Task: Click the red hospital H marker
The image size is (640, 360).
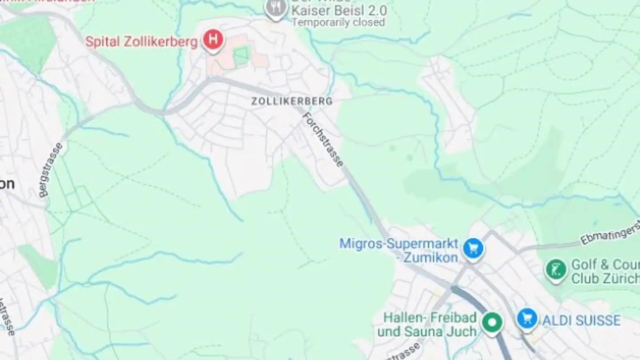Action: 213,40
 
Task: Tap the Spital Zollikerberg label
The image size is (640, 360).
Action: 141,42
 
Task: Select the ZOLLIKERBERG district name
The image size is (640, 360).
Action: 292,101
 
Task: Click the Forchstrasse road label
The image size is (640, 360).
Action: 323,140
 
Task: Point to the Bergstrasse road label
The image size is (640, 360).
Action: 51,170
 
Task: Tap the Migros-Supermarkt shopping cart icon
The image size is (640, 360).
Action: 473,248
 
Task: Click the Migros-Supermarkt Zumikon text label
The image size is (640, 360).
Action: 399,250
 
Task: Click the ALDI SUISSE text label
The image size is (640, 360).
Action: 581,320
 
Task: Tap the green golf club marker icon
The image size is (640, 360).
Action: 556,269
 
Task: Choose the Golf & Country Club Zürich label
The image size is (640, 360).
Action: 604,272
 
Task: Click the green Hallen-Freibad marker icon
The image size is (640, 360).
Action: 492,321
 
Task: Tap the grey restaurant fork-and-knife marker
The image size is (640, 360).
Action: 276,8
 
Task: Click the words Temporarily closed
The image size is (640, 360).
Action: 338,22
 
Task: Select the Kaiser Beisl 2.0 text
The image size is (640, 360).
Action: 339,10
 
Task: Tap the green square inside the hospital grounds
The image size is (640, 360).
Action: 241,56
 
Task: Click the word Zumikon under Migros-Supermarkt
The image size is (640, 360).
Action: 430,258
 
